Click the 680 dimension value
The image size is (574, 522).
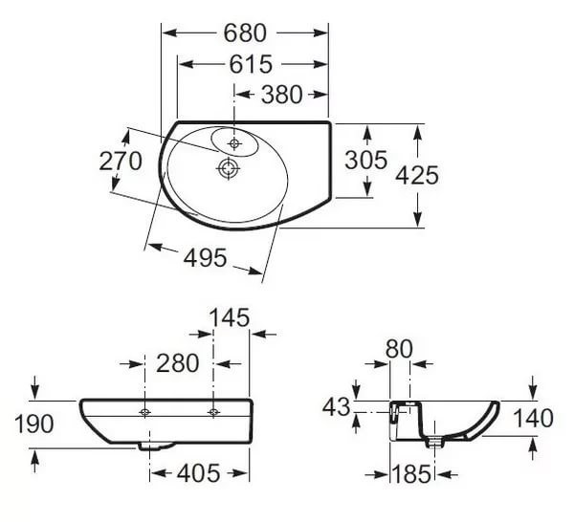click(245, 33)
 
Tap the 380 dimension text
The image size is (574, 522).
click(281, 94)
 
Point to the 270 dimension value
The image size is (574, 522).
click(121, 161)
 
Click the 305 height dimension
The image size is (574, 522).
click(365, 161)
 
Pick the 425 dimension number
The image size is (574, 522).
click(417, 175)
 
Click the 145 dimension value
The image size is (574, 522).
click(231, 316)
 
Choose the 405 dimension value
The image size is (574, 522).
click(198, 472)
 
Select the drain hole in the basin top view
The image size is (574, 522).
click(228, 169)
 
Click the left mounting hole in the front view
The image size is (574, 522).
click(144, 412)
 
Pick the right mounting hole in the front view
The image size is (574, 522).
click(213, 412)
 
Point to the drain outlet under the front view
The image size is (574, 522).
click(150, 445)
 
